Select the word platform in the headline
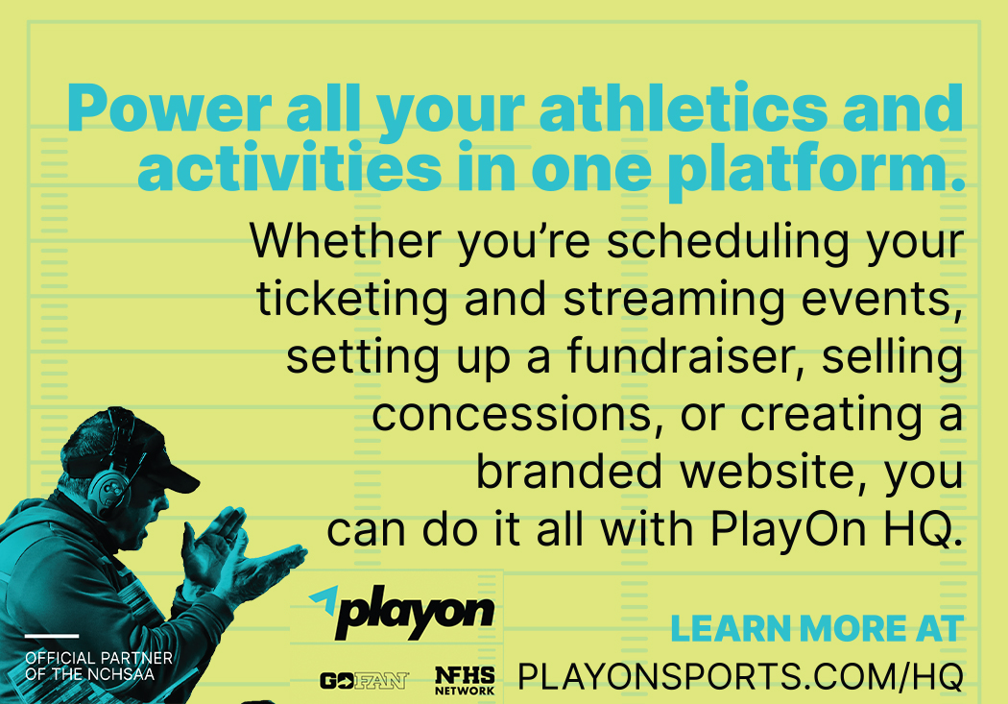(x=816, y=168)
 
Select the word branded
(x=569, y=472)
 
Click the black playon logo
(x=415, y=612)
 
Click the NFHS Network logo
(x=465, y=681)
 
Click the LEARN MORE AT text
(x=817, y=629)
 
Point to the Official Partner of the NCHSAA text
(x=99, y=667)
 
